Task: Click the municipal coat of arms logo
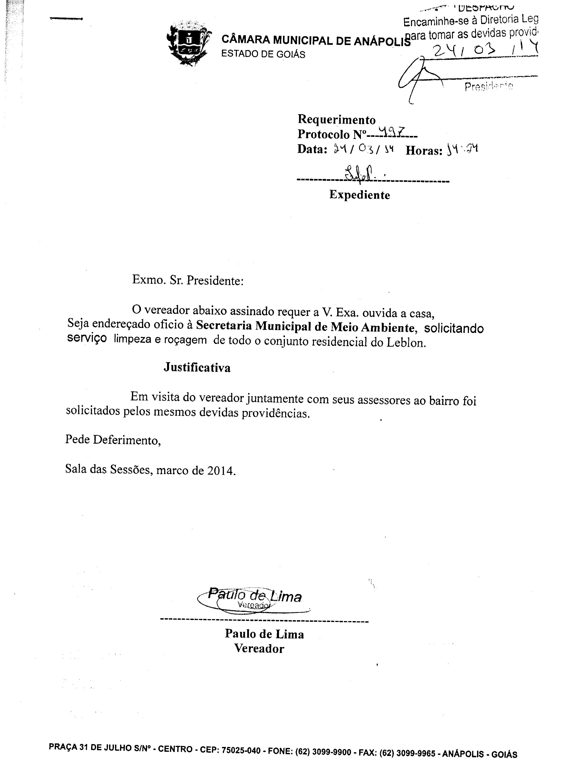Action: pyautogui.click(x=188, y=43)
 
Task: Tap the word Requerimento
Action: pyautogui.click(x=337, y=120)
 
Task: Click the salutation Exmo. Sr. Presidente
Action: pyautogui.click(x=188, y=280)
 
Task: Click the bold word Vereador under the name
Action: pyautogui.click(x=259, y=649)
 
